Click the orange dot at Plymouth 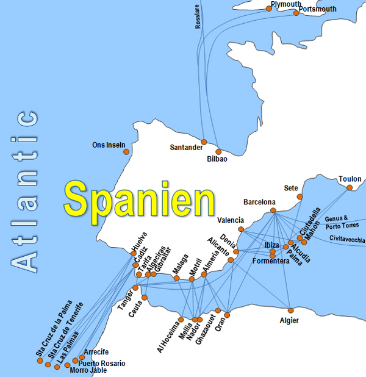(x=268, y=9)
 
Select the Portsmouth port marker (x=296, y=13)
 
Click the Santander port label (x=186, y=148)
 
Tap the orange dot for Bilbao (x=219, y=151)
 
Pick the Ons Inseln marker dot (x=126, y=151)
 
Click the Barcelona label (x=259, y=202)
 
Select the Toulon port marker (x=350, y=187)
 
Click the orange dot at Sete (x=300, y=196)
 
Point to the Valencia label (x=231, y=220)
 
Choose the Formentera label (x=271, y=261)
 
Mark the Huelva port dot (x=134, y=253)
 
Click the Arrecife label (x=96, y=352)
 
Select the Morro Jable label (x=88, y=370)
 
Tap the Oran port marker (x=226, y=315)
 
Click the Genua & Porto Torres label (x=345, y=223)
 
